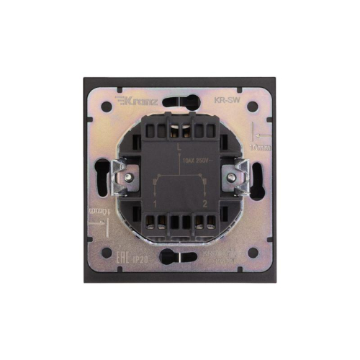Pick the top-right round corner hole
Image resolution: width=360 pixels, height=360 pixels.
(x=253, y=107)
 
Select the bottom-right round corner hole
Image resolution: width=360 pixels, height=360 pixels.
(x=253, y=252)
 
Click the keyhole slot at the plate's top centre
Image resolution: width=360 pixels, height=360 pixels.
(x=180, y=101)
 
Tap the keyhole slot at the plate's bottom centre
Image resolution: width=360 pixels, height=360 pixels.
(x=180, y=256)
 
